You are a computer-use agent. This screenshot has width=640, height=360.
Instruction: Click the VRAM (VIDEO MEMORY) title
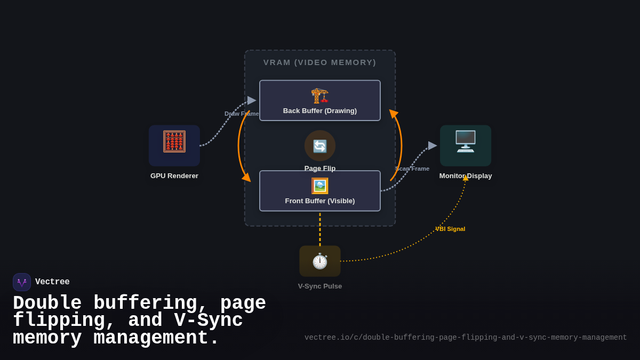(x=319, y=62)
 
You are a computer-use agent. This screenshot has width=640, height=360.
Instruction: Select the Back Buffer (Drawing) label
(x=319, y=111)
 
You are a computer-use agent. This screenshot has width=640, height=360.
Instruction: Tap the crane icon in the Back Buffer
(x=319, y=95)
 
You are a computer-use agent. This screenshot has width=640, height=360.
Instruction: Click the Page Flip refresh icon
(x=320, y=146)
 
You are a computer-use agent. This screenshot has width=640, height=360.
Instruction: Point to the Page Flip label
(x=320, y=168)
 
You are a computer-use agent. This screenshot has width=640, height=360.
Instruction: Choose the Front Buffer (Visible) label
(x=319, y=201)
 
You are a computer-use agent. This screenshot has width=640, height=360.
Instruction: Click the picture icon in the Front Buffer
(x=319, y=186)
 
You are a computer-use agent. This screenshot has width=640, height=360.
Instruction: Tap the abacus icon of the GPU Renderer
(x=174, y=142)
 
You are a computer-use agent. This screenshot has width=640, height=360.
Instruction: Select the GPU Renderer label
(x=174, y=176)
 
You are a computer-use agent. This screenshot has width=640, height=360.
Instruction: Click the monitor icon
(x=465, y=141)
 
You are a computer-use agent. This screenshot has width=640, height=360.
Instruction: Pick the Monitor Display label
(x=466, y=176)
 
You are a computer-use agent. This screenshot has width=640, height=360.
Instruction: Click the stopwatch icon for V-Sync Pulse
(x=319, y=261)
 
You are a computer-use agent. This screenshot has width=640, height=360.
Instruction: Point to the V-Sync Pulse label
(x=320, y=286)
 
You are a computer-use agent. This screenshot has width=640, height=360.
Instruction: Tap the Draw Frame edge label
(x=242, y=114)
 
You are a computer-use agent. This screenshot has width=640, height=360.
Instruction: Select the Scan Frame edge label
(x=412, y=169)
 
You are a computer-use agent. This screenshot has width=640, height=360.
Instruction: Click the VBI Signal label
(x=450, y=229)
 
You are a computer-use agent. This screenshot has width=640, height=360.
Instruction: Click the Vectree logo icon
(x=22, y=282)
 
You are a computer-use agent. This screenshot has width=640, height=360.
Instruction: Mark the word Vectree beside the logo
(x=52, y=282)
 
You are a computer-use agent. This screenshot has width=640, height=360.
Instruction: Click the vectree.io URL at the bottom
(x=466, y=338)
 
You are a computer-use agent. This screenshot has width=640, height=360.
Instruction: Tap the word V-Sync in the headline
(x=208, y=321)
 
